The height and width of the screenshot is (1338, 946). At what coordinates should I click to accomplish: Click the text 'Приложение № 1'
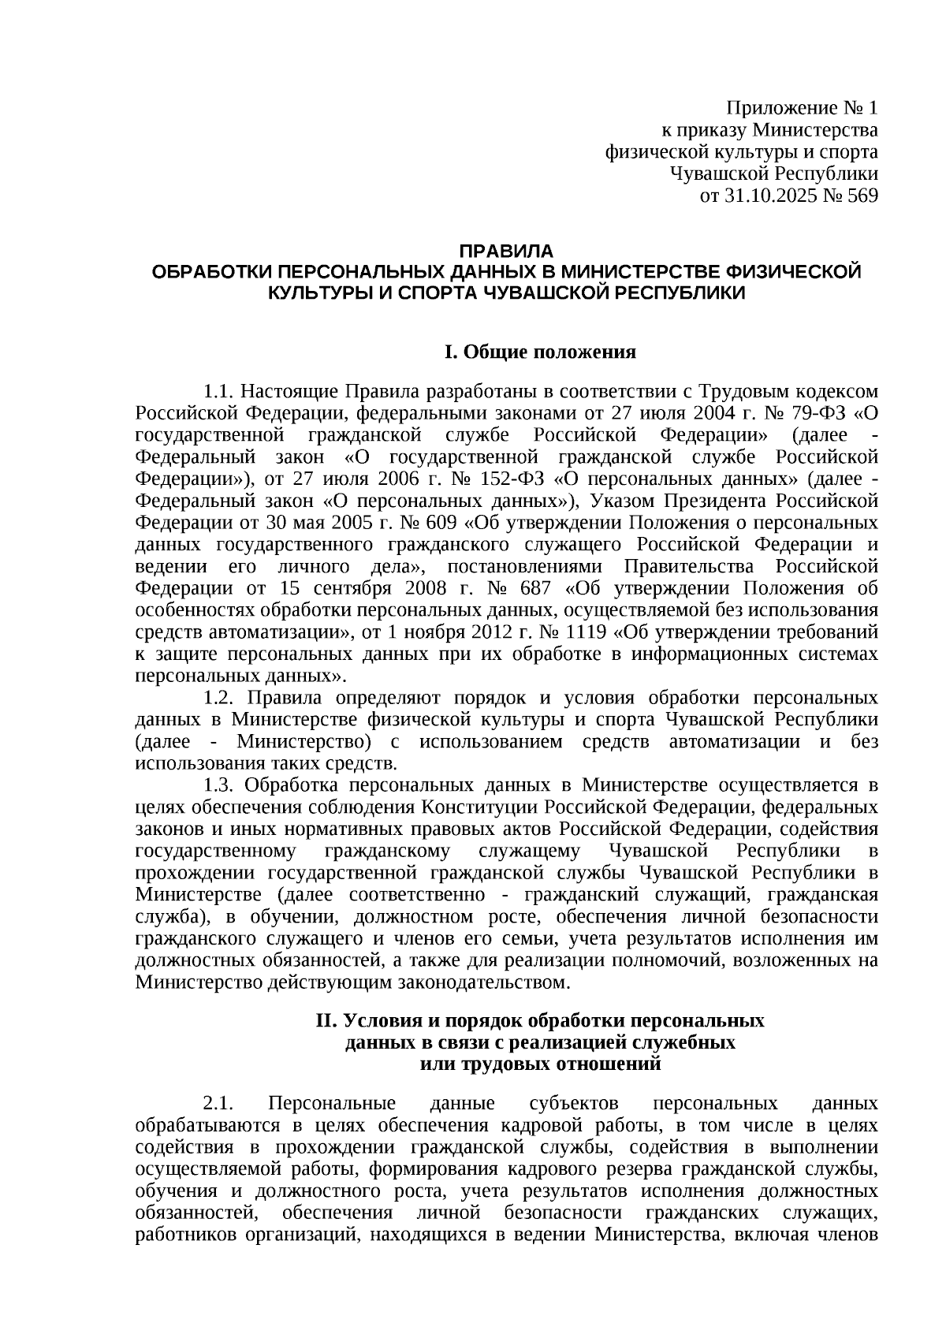[x=802, y=108]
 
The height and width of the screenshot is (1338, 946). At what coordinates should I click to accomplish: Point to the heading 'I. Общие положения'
[x=540, y=352]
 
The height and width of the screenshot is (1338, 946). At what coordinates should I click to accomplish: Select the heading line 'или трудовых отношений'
[x=540, y=1064]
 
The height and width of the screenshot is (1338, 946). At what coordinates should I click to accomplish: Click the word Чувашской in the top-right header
[x=717, y=174]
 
